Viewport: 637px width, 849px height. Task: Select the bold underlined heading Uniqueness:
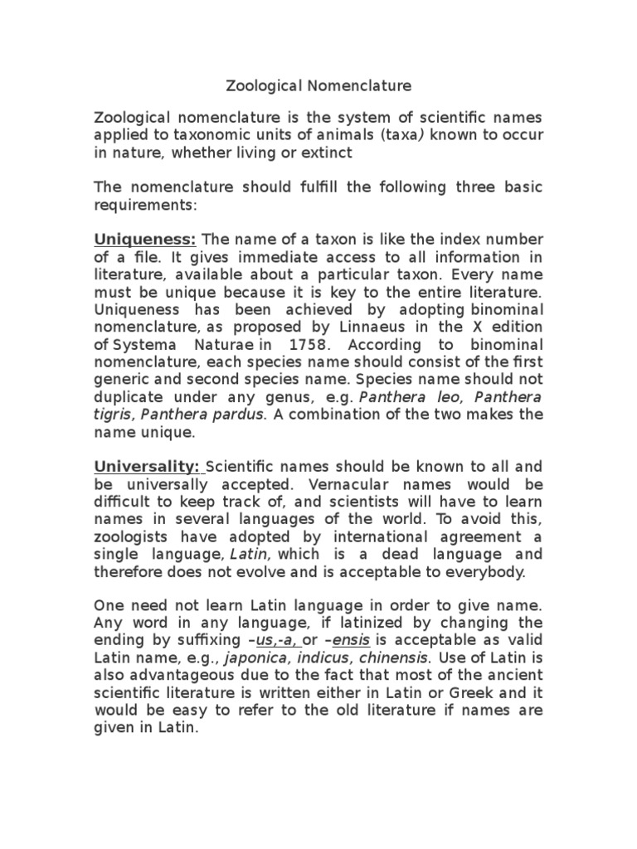click(144, 240)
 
